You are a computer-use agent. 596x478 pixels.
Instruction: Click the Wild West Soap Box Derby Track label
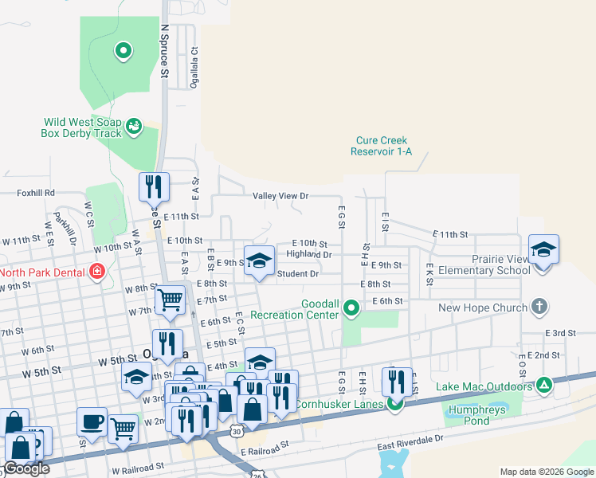[x=82, y=127]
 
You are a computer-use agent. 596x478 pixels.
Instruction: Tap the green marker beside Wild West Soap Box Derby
[x=134, y=126]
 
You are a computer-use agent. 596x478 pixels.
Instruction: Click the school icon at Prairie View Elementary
[x=543, y=250]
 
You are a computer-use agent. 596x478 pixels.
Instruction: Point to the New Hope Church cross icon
[x=539, y=308]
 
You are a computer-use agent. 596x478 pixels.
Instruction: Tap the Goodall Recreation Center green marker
[x=351, y=315]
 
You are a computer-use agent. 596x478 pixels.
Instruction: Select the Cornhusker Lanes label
[x=340, y=404]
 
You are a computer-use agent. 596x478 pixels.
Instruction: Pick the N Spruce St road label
[x=165, y=49]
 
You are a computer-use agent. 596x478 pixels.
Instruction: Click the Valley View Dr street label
[x=280, y=196]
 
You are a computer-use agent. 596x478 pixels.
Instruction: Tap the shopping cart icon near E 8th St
[x=170, y=300]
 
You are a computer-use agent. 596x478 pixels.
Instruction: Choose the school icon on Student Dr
[x=260, y=262]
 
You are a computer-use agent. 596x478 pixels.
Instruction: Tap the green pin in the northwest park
[x=123, y=52]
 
